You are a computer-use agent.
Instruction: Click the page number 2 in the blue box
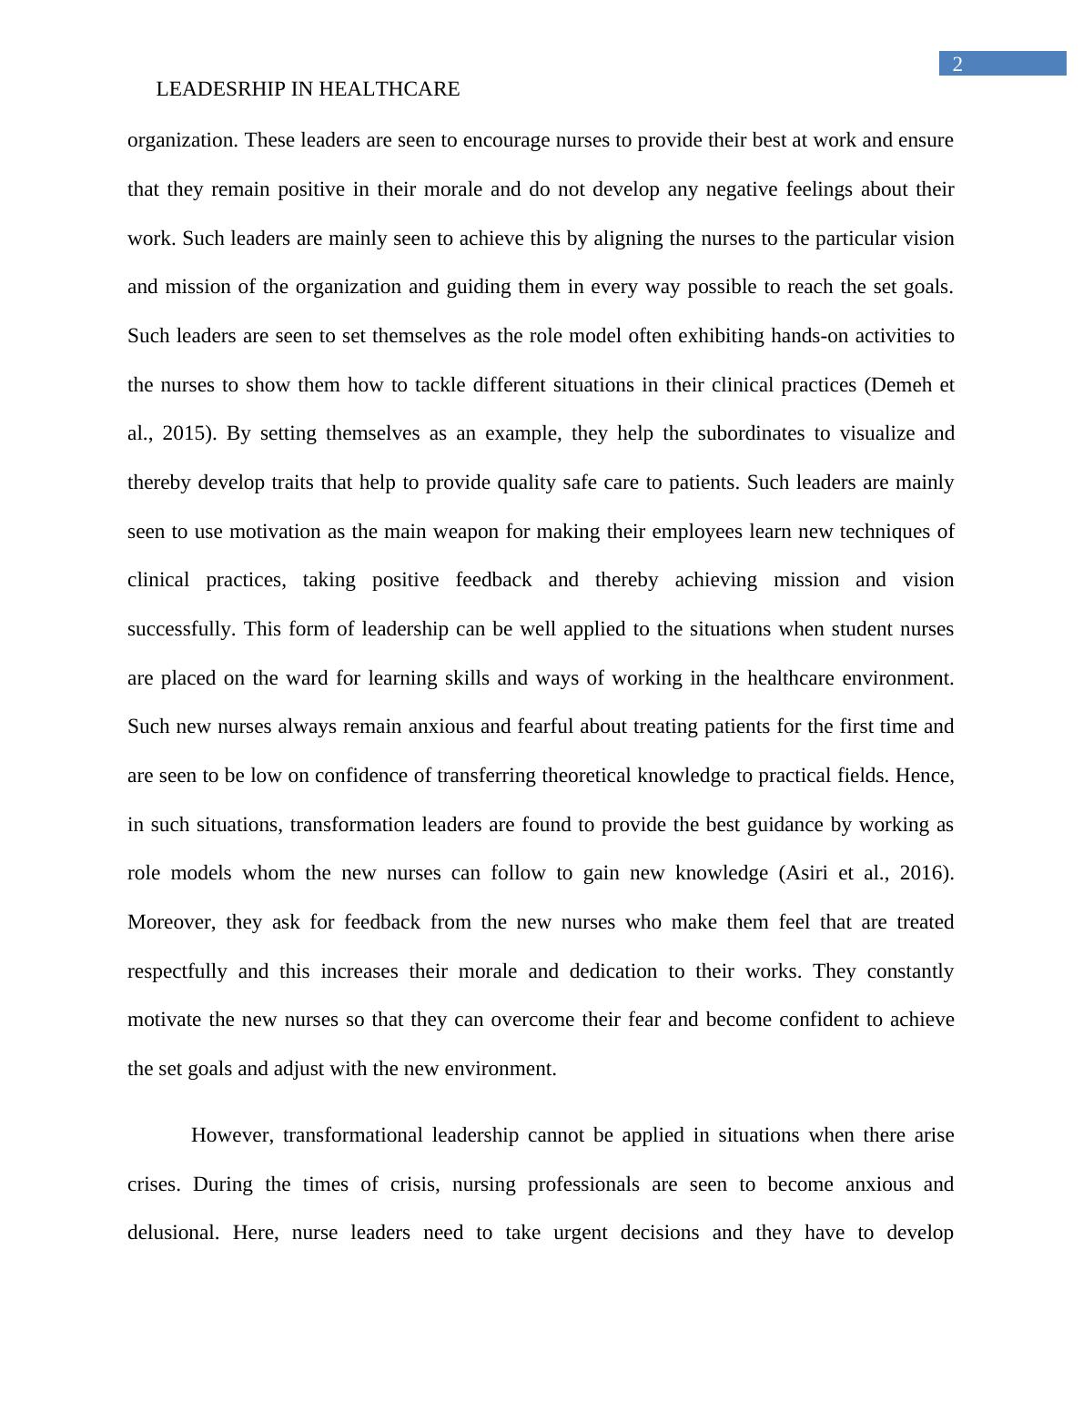[957, 64]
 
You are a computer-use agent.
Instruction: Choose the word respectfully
[177, 971]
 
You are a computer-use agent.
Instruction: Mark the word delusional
[173, 1234]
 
